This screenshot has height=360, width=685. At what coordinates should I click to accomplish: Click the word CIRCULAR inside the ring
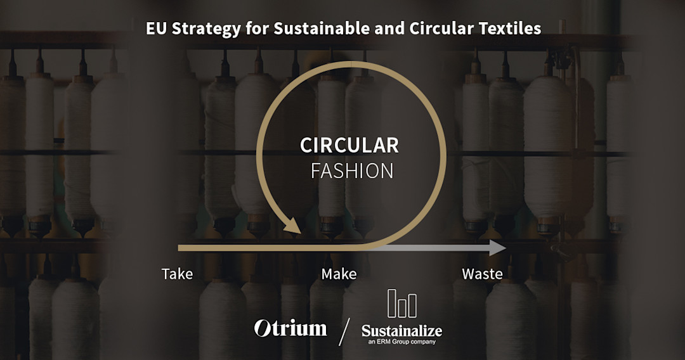(x=349, y=145)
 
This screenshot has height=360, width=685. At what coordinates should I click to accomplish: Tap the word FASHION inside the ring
(x=352, y=171)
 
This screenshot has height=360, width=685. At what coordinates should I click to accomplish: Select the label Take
(x=177, y=274)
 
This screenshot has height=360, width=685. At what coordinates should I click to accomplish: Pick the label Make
(x=339, y=274)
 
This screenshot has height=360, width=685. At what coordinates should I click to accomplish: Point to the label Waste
(x=482, y=274)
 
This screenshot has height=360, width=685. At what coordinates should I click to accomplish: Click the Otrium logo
(x=290, y=328)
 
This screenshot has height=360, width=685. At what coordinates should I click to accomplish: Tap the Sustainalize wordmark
(x=401, y=330)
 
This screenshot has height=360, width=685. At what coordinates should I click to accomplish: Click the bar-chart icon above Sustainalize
(x=402, y=304)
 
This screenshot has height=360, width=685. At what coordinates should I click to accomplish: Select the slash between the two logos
(x=344, y=331)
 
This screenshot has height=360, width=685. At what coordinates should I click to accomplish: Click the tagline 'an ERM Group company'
(x=401, y=342)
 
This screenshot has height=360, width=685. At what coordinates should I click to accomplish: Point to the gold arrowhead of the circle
(x=293, y=225)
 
